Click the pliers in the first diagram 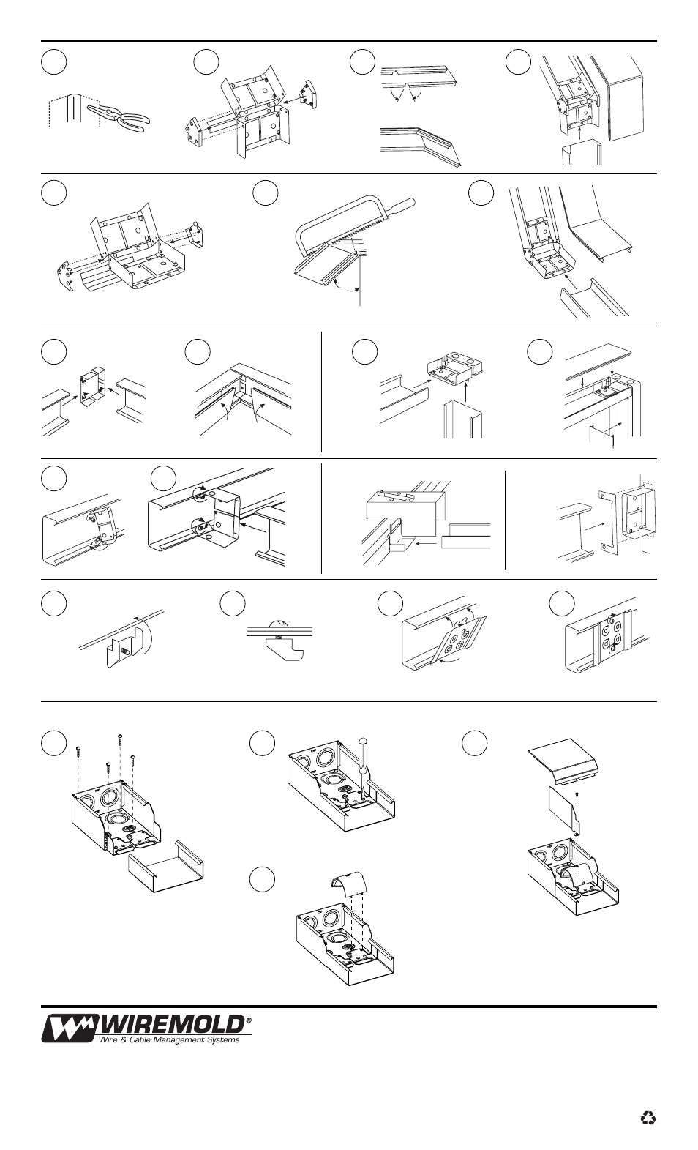pyautogui.click(x=119, y=118)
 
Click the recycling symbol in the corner pyautogui.click(x=648, y=1119)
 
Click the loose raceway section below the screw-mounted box pyautogui.click(x=165, y=867)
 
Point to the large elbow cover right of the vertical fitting pyautogui.click(x=625, y=100)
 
